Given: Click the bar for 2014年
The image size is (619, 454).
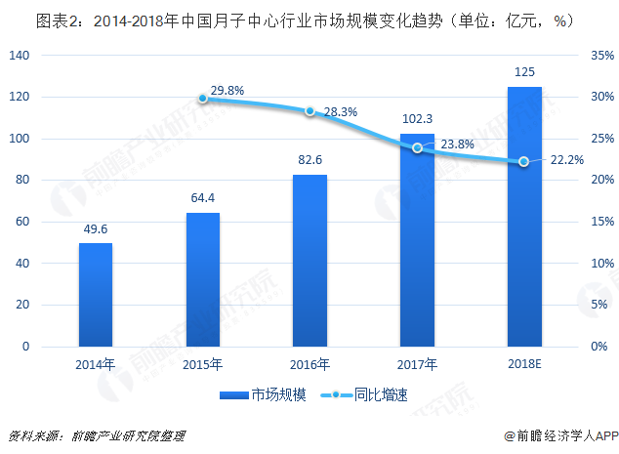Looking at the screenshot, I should tap(96, 295).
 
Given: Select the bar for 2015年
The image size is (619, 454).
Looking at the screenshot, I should tap(203, 279).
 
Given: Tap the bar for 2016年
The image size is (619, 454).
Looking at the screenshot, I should tap(310, 261).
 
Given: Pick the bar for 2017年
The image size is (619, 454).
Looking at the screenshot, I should tap(418, 240).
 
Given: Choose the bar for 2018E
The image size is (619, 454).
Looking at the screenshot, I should tap(524, 217).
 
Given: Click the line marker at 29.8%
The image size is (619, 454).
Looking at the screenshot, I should tap(203, 99).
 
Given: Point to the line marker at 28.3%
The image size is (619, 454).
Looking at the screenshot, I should tap(310, 111).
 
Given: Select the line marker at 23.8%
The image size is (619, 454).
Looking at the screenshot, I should tap(418, 148).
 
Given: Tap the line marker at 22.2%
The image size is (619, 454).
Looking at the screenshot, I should tap(524, 161).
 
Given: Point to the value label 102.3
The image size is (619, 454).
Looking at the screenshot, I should tap(418, 120).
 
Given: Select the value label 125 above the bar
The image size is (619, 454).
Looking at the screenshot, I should tap(524, 73).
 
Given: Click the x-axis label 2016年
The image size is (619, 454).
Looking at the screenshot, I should tap(310, 365).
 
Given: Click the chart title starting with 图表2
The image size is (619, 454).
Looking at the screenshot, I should tap(291, 19).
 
